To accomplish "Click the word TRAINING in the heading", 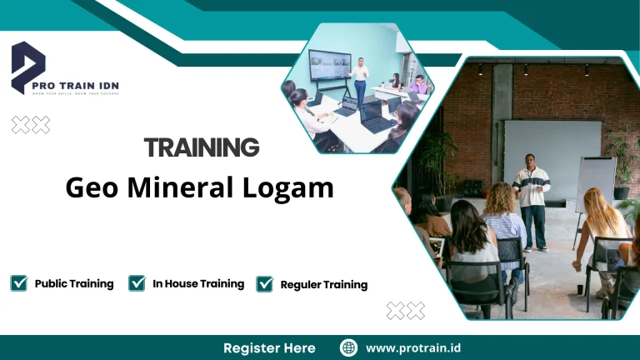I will tap(202, 147).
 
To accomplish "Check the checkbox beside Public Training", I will tap(19, 283).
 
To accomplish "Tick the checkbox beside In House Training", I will tap(137, 283).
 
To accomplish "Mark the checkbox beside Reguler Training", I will tap(265, 284).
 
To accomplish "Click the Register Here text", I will tap(269, 347).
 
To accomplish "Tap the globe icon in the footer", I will tap(349, 347).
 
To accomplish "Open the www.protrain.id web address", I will tap(413, 347).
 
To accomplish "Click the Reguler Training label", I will tap(324, 285).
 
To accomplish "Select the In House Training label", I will tap(198, 283).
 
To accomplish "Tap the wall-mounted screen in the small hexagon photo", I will tap(329, 65).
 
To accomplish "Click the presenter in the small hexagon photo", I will tap(360, 79).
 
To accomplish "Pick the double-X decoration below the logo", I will tap(31, 125).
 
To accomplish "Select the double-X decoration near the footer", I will tap(406, 311).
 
